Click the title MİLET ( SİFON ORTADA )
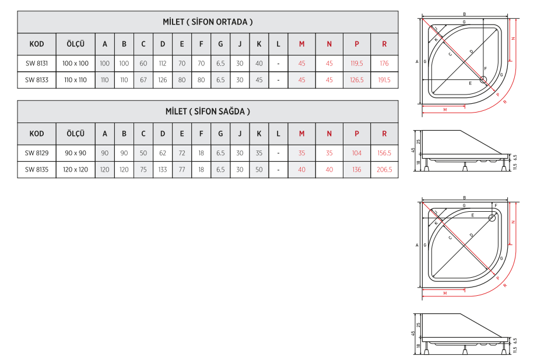208,22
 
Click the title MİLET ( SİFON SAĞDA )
208,111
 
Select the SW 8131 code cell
37,64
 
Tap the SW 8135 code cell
37,169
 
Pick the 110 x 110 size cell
75,80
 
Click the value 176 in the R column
384,64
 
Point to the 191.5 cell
384,80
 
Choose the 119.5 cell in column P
356,64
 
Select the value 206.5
384,169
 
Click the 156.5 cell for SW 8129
384,153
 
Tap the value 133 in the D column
163,169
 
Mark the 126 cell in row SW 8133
163,80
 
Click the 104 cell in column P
356,153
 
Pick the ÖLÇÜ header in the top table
75,44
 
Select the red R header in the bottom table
384,134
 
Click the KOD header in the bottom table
37,134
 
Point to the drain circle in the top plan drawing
483,80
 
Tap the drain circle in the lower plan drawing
492,218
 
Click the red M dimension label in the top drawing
445,110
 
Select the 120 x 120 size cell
75,169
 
